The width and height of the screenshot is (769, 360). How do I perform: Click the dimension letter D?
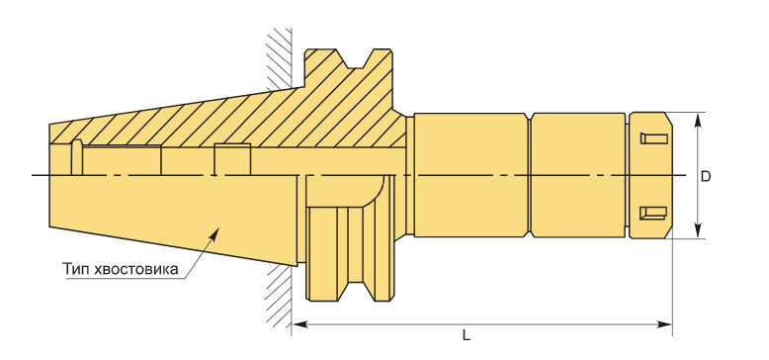705,177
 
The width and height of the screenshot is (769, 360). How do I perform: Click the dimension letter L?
466,336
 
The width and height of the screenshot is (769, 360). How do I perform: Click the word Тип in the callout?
75,269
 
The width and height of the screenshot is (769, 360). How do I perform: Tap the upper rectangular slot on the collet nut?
653,138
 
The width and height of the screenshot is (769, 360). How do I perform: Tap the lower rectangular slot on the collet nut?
653,213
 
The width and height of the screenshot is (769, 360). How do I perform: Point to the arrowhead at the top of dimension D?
698,120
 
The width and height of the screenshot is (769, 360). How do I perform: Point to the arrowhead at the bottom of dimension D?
698,231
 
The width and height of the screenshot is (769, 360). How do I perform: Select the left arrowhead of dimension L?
299,324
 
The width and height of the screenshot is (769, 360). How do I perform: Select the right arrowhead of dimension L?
664,324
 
